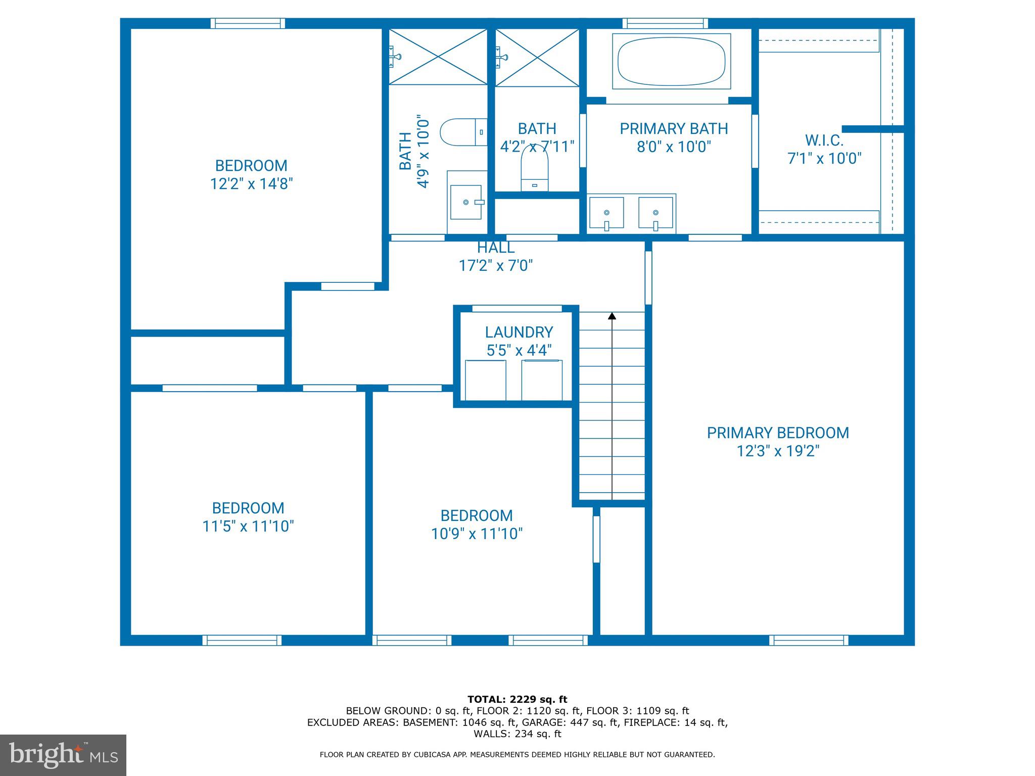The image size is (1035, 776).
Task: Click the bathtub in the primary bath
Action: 671,61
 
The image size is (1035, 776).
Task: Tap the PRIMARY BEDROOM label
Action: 777,433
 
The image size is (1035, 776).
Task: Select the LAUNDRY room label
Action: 519,332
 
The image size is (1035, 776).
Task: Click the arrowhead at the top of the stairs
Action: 612,316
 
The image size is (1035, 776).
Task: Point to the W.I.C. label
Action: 824,140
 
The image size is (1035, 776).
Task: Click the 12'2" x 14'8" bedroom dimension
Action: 252,184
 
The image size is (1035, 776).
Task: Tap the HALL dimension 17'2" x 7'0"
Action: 495,266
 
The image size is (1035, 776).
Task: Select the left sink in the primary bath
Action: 606,213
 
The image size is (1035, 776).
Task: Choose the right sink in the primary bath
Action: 655,213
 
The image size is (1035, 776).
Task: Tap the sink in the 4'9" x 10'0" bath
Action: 466,202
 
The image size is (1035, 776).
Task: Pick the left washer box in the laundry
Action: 485,380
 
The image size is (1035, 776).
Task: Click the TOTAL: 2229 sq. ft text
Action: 517,700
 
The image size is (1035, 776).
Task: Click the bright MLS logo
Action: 63,755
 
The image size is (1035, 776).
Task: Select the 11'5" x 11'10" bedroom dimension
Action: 248,526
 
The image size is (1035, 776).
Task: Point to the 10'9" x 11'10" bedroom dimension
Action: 477,534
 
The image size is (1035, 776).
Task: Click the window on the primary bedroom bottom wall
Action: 809,640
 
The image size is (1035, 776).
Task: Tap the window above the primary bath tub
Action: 665,23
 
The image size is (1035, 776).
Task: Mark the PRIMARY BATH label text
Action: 674,129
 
